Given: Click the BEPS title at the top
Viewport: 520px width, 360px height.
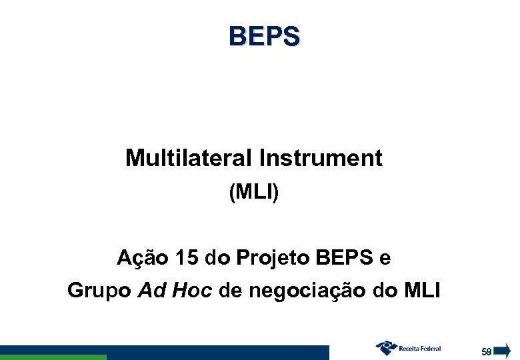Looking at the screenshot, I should click(264, 36).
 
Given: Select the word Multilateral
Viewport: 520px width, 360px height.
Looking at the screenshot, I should click(189, 158).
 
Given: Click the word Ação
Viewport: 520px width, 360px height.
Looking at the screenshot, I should click(137, 257).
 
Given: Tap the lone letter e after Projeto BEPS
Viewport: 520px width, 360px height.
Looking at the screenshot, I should click(385, 257).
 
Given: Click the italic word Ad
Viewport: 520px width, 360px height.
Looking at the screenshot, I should click(151, 291).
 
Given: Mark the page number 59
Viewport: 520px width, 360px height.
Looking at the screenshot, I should click(487, 351).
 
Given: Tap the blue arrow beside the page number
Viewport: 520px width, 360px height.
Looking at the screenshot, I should click(503, 350).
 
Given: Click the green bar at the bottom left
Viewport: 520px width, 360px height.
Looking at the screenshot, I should click(53, 357).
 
